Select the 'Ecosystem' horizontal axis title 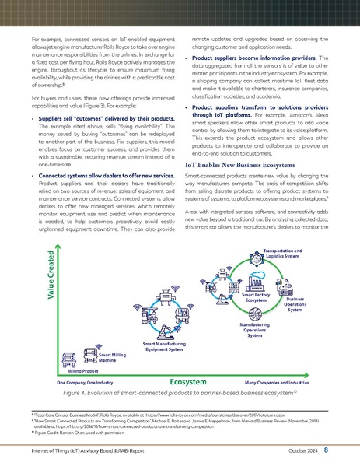pyautogui.click(x=187, y=383)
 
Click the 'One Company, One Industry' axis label pyautogui.click(x=86, y=384)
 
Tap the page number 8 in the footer pyautogui.click(x=326, y=450)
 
